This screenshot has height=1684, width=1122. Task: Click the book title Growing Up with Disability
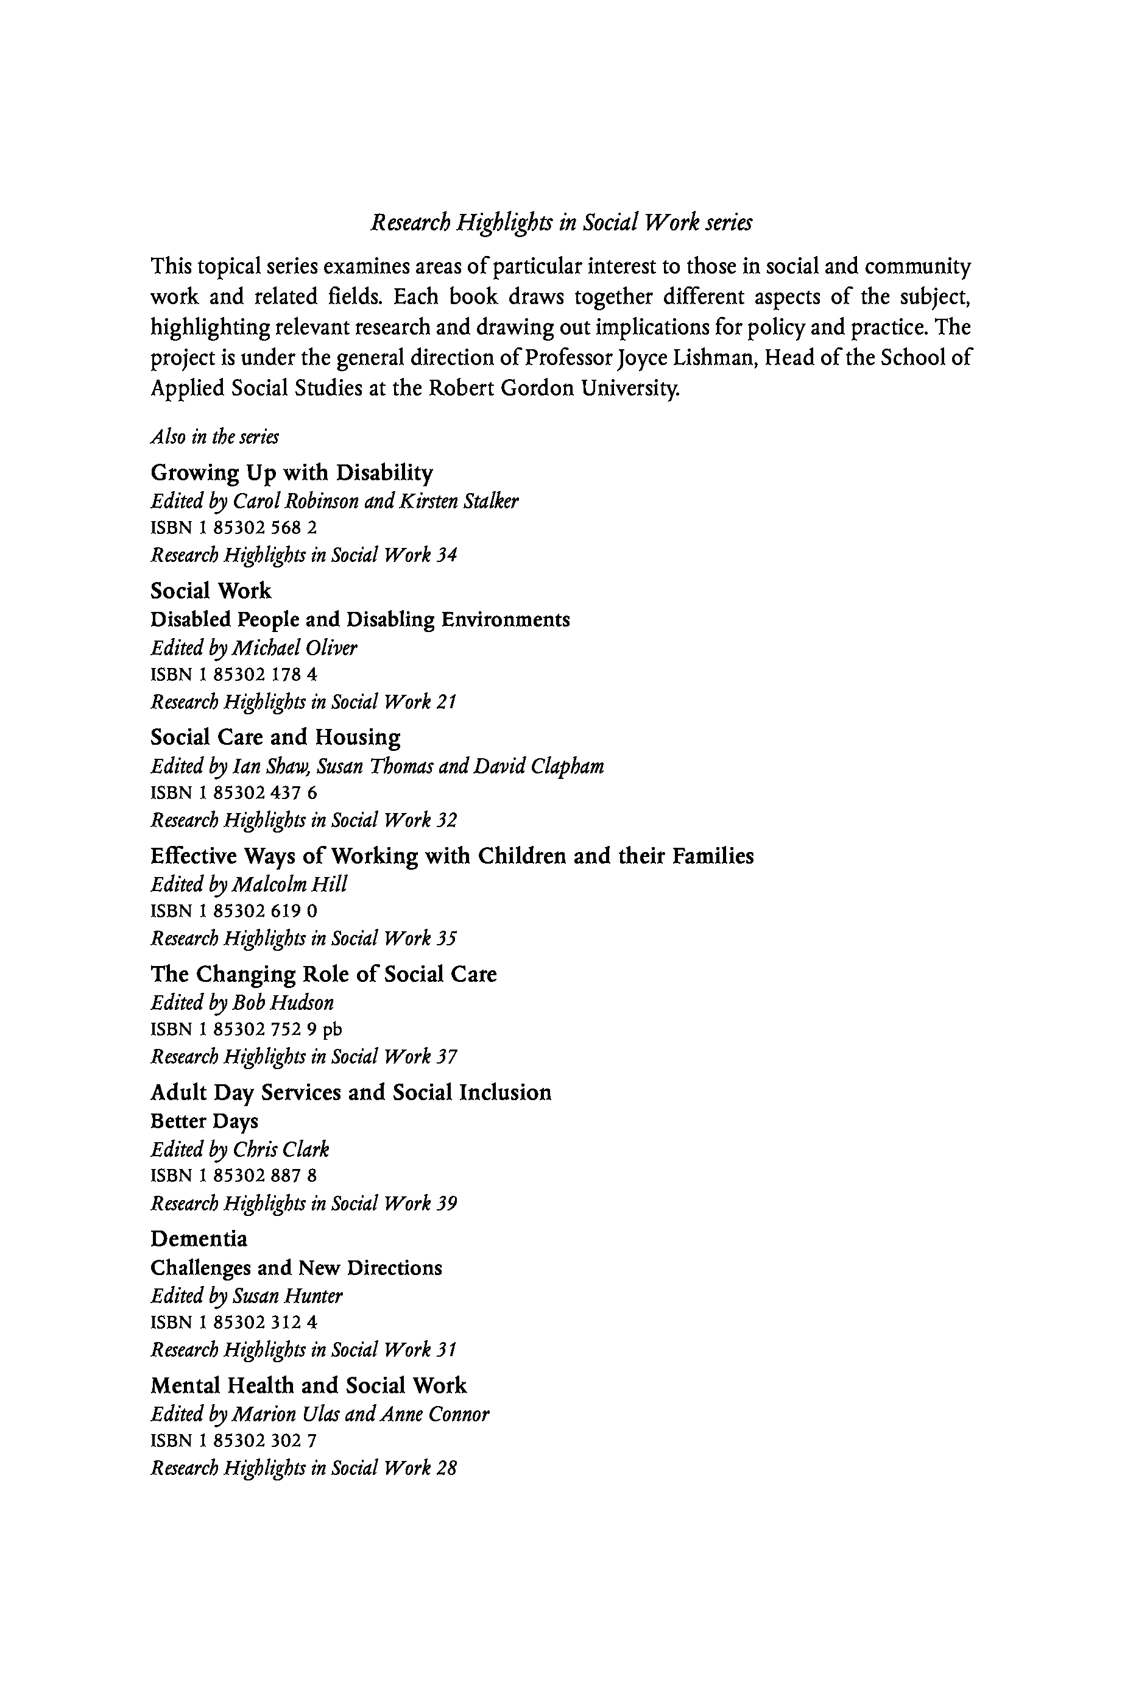[292, 474]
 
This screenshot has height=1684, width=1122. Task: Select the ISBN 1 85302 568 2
[234, 528]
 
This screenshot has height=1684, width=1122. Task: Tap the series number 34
[446, 555]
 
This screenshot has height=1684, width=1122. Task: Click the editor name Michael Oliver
[295, 648]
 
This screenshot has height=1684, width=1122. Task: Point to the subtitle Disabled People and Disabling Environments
[360, 619]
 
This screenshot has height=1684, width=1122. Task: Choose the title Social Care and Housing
[275, 737]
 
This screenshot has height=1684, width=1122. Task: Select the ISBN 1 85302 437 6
[234, 792]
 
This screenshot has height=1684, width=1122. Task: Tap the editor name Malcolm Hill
[290, 885]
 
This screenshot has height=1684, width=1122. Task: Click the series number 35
[446, 938]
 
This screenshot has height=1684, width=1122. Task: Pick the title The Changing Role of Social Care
[323, 975]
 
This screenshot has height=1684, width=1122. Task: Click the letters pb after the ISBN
[333, 1029]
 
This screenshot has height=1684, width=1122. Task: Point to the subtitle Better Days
[204, 1121]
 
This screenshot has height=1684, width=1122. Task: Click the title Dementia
[199, 1238]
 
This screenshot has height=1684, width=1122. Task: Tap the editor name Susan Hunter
[288, 1296]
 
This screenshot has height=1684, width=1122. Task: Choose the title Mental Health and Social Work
[308, 1385]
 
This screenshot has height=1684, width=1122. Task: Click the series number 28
[446, 1468]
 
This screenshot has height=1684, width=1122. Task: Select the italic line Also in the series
[214, 437]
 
